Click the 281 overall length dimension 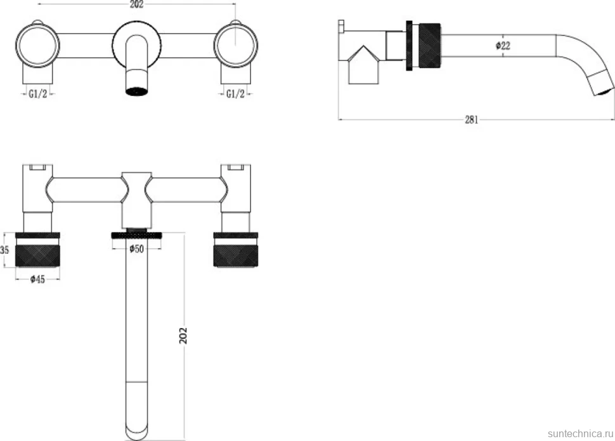tap(472, 119)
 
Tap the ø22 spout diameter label tap(503, 46)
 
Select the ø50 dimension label tap(136, 249)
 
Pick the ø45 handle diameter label tap(37, 279)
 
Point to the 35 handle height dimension tap(4, 250)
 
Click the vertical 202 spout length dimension tap(183, 336)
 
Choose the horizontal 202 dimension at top tap(136, 4)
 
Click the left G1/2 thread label tap(37, 94)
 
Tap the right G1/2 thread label tap(235, 94)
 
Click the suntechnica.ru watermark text tap(580, 433)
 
